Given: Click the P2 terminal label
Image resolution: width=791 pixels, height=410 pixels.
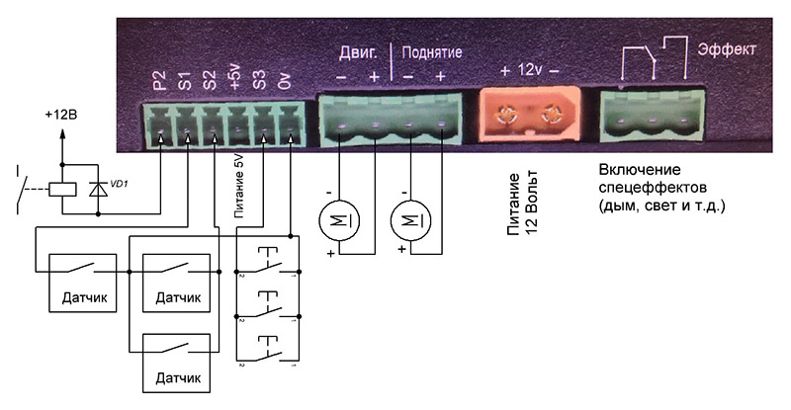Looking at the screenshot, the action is [x=159, y=80].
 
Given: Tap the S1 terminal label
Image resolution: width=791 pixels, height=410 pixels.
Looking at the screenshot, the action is [x=185, y=80].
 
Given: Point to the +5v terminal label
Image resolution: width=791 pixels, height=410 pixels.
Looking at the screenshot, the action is [x=235, y=77].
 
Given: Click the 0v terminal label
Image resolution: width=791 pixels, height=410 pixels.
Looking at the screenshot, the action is [x=285, y=81].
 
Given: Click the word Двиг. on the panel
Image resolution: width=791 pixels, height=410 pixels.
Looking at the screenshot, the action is [x=358, y=53].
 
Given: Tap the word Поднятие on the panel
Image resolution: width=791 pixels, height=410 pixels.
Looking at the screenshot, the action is [x=432, y=52].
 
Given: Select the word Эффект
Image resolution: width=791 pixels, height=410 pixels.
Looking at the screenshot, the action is [x=727, y=49].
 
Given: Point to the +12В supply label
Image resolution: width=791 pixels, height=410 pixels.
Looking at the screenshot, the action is [x=61, y=115].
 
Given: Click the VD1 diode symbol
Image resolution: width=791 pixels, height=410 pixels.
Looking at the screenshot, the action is [x=98, y=189].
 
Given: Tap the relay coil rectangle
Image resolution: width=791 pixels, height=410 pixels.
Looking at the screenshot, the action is [x=62, y=189].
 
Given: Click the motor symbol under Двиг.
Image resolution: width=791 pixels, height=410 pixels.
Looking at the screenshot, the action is [x=339, y=220].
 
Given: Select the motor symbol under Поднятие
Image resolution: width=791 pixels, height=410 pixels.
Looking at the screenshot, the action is [x=411, y=220].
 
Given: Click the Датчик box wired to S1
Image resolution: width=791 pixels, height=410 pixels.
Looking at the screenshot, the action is [x=83, y=283].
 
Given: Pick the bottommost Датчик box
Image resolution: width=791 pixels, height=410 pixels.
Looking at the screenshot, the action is [x=177, y=363].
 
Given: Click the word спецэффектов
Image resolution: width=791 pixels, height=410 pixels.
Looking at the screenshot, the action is [x=653, y=188].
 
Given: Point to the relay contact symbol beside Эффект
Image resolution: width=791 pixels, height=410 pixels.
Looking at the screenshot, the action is [x=655, y=57].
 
